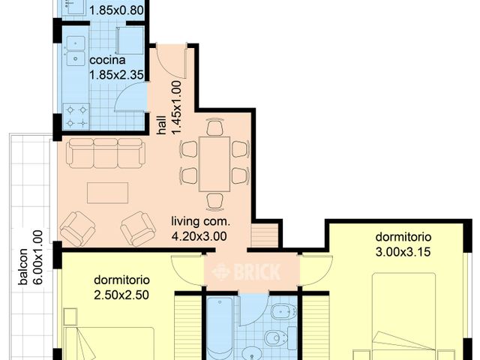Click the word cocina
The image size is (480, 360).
click(106, 60)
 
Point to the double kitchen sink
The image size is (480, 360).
click(75, 47)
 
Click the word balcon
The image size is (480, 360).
click(24, 267)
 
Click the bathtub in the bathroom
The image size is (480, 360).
click(220, 330)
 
